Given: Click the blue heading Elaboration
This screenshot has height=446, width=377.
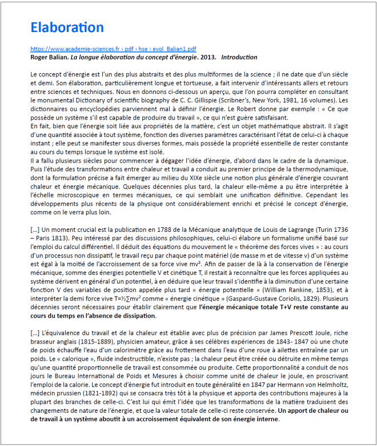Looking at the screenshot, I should pos(67,27).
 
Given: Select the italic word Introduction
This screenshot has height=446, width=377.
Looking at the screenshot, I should pos(239,57).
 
